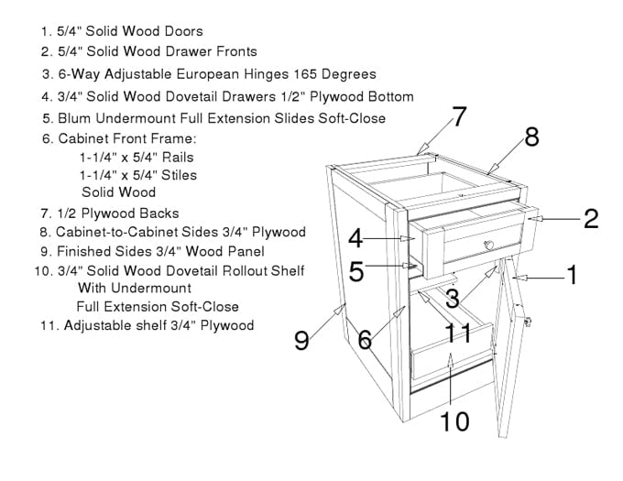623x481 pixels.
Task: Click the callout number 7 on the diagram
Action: pos(459,116)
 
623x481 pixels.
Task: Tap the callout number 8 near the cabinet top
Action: pos(531,137)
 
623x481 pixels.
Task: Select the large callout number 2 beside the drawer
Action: pos(591,218)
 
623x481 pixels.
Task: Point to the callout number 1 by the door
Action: pos(572,275)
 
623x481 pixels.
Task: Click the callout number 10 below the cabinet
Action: pos(454,421)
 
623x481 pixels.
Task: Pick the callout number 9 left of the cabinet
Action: pos(301,341)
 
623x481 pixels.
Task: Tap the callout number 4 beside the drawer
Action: pos(355,238)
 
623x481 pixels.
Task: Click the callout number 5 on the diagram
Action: pos(356,272)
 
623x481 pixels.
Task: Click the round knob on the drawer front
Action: pos(488,245)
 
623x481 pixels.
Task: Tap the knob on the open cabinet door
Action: pos(528,322)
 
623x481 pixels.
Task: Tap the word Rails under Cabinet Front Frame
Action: pos(178,158)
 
